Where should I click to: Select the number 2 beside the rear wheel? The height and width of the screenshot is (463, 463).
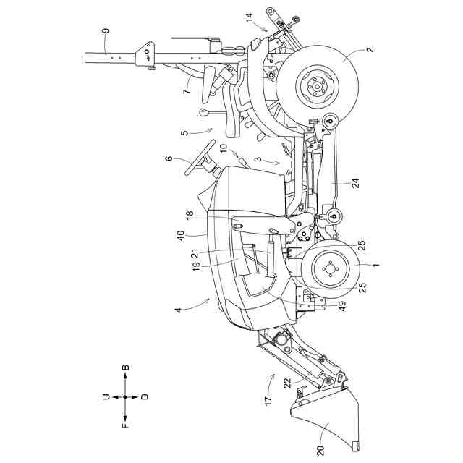tap(370, 50)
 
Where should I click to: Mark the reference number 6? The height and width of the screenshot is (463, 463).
tap(169, 159)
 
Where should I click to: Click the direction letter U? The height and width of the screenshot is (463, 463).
tap(106, 396)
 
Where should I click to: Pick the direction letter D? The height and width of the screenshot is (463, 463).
tap(145, 396)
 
